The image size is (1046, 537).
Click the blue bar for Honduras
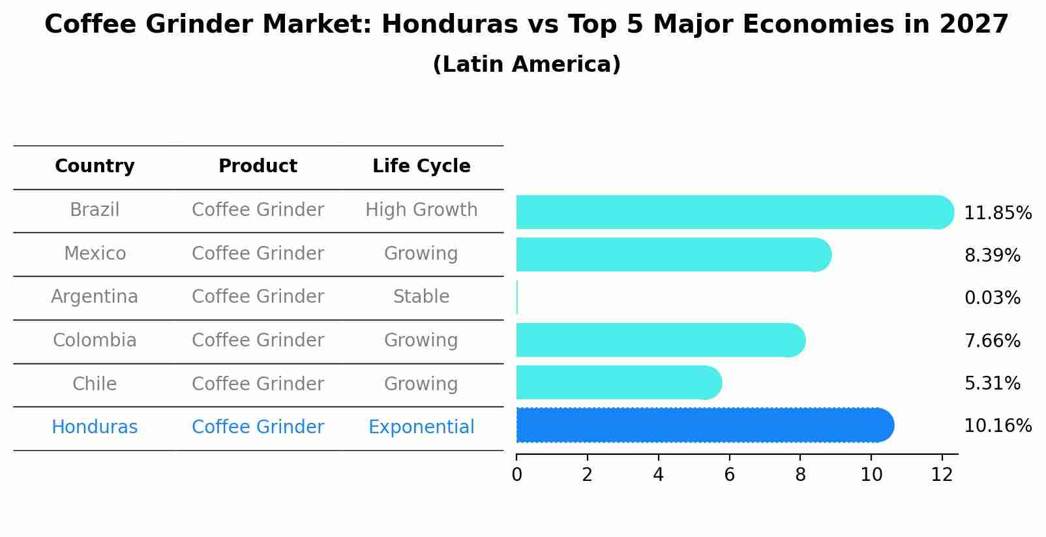click(x=704, y=425)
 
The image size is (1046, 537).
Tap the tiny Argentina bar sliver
click(x=517, y=298)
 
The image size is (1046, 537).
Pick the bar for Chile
click(x=618, y=382)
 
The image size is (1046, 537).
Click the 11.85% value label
click(x=997, y=213)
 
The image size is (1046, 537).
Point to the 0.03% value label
click(x=992, y=298)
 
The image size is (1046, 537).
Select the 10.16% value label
click(x=997, y=426)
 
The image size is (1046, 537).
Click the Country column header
click(x=95, y=166)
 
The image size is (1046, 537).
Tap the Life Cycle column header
click(x=421, y=166)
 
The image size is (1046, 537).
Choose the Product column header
click(x=258, y=166)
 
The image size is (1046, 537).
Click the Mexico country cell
click(x=95, y=253)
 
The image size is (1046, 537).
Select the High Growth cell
click(x=421, y=210)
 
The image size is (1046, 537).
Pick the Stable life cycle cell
click(x=421, y=297)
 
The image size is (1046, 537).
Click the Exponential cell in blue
click(x=421, y=427)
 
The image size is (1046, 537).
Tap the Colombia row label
click(x=95, y=341)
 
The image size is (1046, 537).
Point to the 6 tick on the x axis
click(x=729, y=474)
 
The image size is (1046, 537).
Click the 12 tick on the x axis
click(x=942, y=474)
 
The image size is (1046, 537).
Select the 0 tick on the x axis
click(x=516, y=474)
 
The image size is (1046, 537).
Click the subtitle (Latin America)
click(x=526, y=65)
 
